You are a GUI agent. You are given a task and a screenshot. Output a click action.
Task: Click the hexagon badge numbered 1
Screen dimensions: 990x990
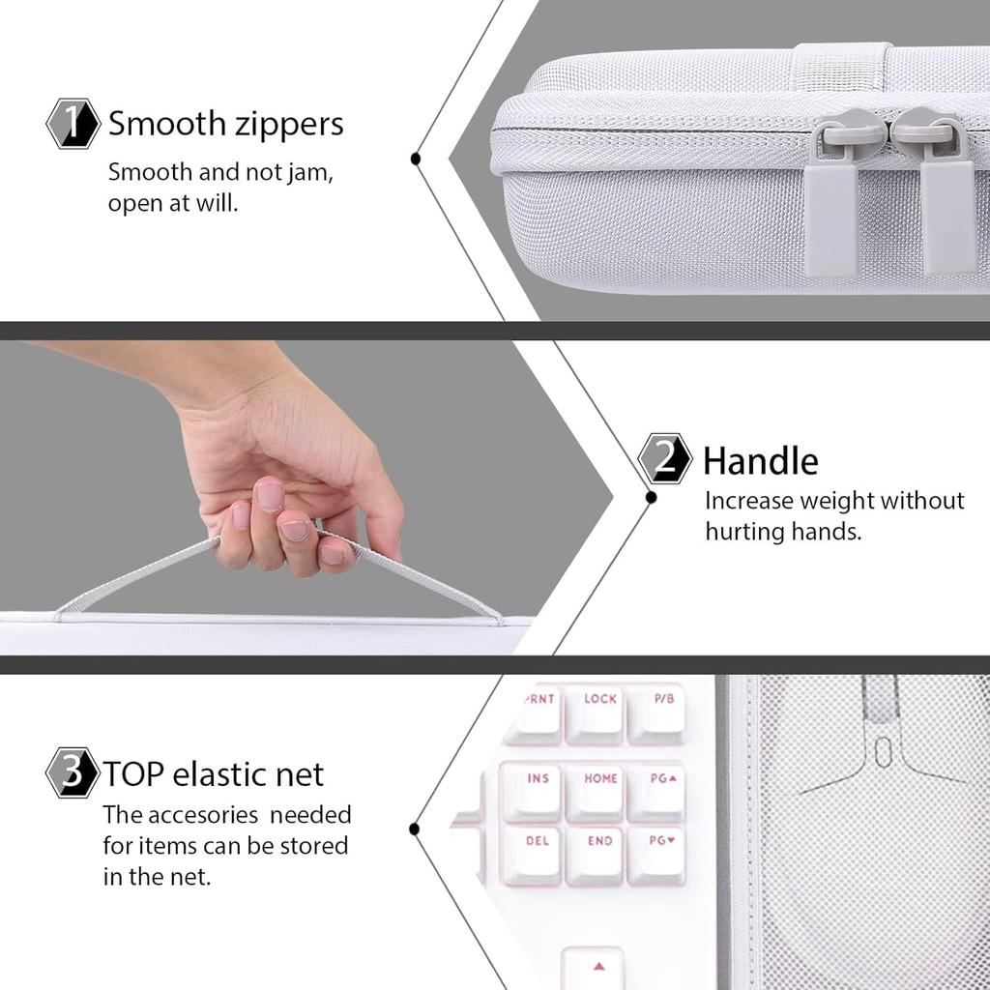tap(73, 125)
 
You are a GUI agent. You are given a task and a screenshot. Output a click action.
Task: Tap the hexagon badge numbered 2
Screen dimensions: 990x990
tap(665, 459)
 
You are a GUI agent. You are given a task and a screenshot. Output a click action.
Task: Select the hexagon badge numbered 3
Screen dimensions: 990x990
tap(73, 772)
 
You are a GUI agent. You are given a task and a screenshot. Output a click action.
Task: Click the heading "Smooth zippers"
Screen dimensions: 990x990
tap(225, 125)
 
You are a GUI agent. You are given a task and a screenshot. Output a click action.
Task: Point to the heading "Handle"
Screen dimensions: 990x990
tap(760, 461)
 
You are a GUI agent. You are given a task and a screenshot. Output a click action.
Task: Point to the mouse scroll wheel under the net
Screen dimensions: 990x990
tap(883, 751)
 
